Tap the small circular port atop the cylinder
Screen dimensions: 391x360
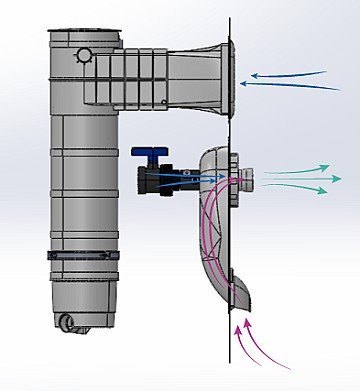tap(85, 55)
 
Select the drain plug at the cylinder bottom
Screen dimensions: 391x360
tap(68, 322)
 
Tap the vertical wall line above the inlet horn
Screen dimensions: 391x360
tap(229, 20)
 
